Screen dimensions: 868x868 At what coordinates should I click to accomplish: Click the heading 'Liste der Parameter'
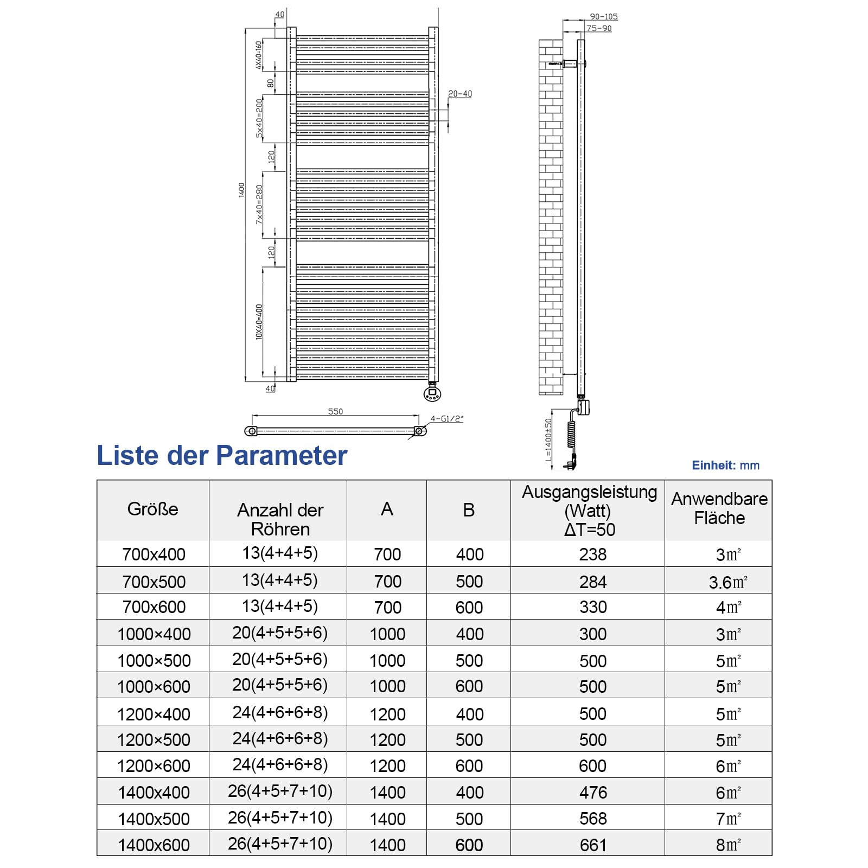tap(222, 455)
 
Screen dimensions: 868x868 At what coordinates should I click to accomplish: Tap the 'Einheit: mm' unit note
tap(725, 465)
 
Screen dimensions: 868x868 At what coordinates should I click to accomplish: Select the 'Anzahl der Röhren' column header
tap(280, 519)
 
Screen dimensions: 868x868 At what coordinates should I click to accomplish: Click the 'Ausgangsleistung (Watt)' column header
tap(589, 510)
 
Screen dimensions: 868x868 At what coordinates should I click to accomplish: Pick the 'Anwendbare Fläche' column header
tap(719, 508)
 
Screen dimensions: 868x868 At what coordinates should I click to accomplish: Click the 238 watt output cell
tap(593, 554)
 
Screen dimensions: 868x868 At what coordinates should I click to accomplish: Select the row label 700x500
tap(154, 582)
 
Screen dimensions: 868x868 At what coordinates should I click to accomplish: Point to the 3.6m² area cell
tap(728, 582)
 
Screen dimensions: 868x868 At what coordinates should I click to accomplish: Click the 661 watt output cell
tap(593, 845)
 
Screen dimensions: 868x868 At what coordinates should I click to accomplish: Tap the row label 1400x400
tap(154, 793)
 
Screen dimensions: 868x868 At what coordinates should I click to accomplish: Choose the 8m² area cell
tap(728, 845)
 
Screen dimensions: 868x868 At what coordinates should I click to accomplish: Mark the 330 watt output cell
tap(593, 607)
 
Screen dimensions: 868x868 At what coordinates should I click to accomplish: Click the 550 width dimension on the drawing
tap(335, 412)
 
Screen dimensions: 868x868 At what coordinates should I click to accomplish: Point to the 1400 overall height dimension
tap(241, 190)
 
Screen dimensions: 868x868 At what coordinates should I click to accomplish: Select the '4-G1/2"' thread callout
tap(446, 419)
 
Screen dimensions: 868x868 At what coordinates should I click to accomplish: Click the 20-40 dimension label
tap(459, 94)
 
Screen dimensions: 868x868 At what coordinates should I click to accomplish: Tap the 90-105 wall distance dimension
tap(604, 17)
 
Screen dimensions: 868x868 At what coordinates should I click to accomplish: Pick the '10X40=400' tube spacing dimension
tap(259, 322)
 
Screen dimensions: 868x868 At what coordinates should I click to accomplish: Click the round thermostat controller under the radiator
tap(432, 393)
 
